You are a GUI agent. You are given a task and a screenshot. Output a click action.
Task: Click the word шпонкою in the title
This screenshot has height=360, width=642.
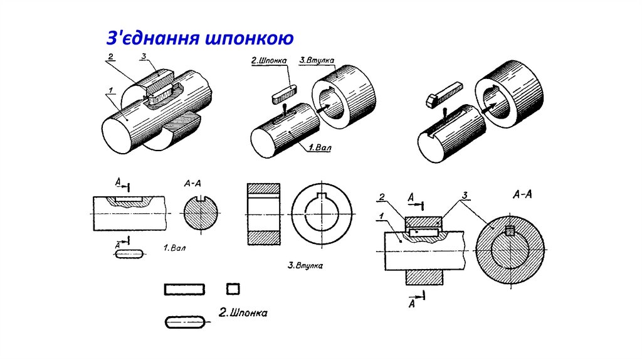(x=248, y=39)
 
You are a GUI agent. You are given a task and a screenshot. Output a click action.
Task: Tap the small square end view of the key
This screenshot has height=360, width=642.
(x=233, y=289)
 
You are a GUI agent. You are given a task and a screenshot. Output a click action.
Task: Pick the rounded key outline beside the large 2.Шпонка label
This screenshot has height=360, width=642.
(x=185, y=322)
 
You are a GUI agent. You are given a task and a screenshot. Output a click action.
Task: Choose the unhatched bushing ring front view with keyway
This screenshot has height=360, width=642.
(x=322, y=215)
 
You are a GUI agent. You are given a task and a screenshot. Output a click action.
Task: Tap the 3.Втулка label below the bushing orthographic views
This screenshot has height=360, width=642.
(x=305, y=265)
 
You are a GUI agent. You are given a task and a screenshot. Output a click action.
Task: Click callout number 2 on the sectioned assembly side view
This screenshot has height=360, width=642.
(x=381, y=198)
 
